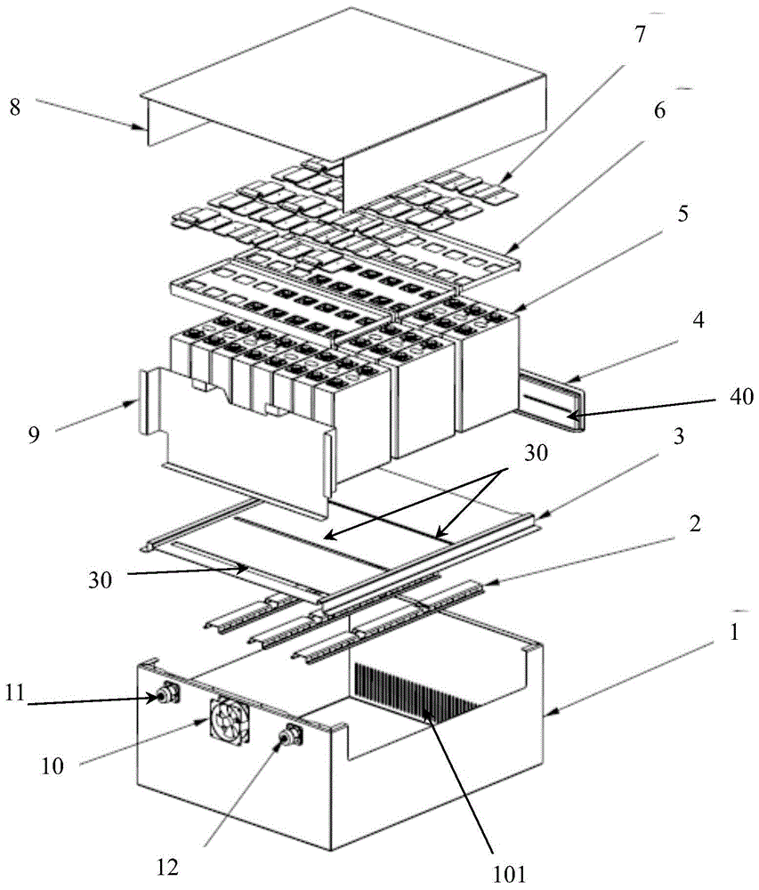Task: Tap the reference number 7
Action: point(641,36)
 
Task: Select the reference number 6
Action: point(659,110)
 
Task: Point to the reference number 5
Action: point(683,214)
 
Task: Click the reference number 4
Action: point(698,320)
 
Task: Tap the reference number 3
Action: point(678,436)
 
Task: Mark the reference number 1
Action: point(734,632)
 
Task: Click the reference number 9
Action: point(34,435)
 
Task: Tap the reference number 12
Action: point(168,867)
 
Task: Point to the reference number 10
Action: point(52,766)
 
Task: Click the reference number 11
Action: point(15,692)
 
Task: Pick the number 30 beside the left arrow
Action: point(100,580)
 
